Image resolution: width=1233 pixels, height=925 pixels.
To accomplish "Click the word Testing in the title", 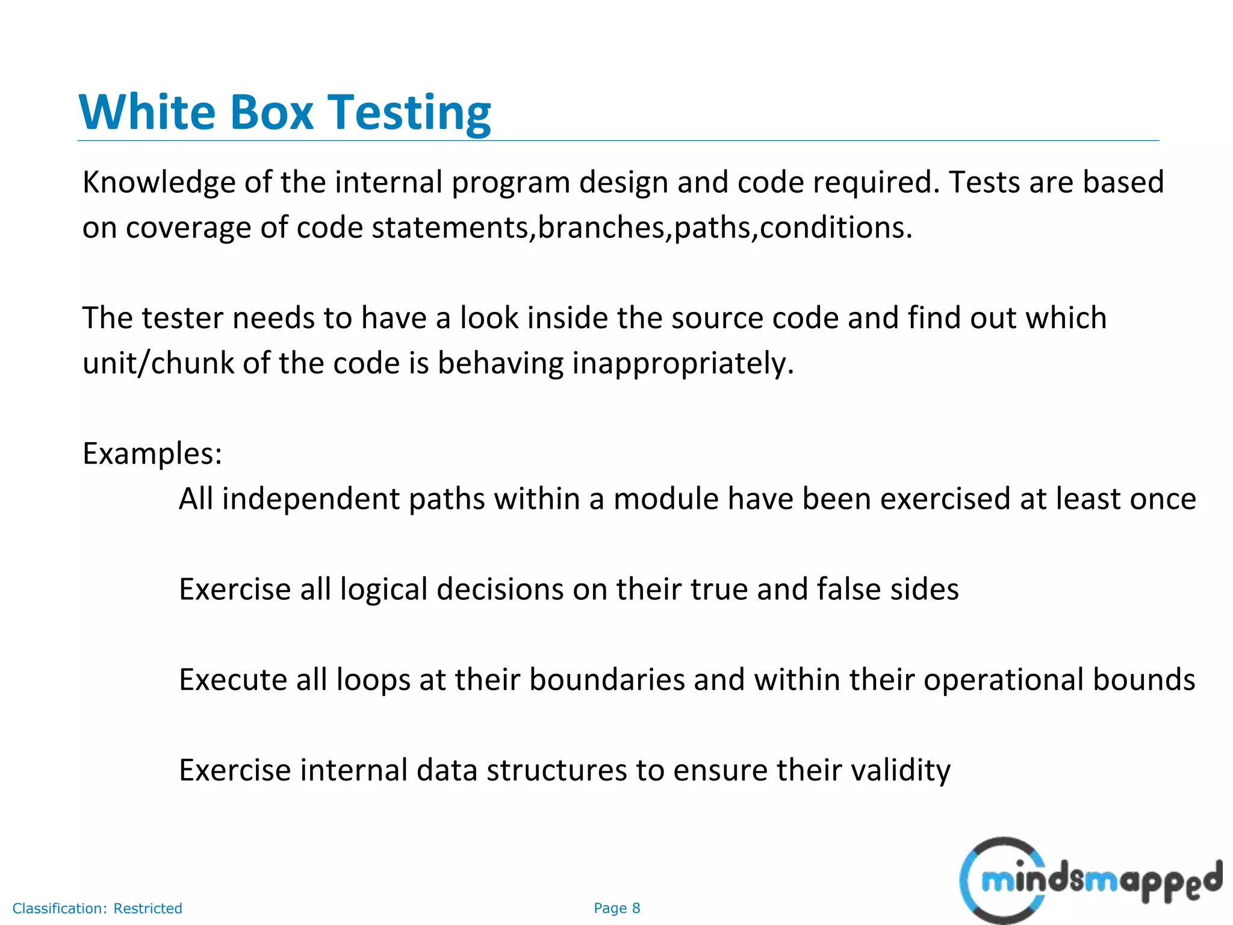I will click(409, 113).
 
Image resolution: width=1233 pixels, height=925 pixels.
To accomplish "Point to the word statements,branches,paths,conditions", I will click(642, 228).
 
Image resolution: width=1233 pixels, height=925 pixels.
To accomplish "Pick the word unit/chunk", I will click(158, 364).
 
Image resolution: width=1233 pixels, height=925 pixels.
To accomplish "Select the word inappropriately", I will click(683, 364).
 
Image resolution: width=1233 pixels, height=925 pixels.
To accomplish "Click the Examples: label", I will click(152, 453).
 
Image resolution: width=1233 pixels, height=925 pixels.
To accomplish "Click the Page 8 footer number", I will click(616, 908).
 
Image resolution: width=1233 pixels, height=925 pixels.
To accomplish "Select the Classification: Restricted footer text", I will click(97, 908).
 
